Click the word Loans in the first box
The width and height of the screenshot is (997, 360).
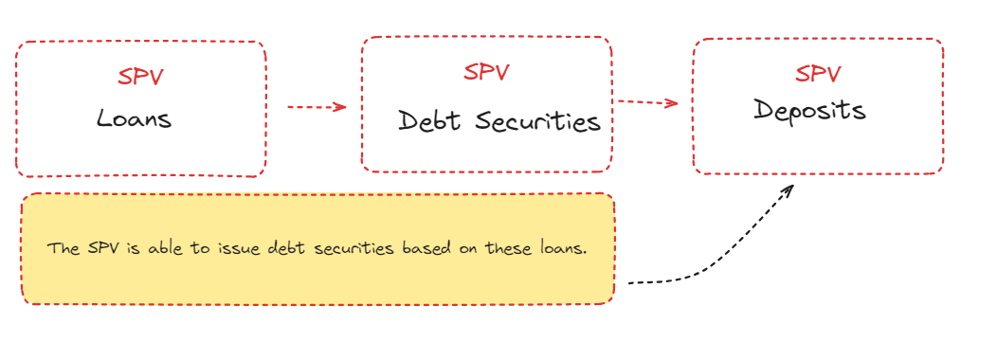pos(134,120)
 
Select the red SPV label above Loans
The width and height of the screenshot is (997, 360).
pos(141,77)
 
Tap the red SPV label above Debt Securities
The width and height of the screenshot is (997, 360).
pos(486,71)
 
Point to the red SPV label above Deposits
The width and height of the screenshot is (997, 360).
pos(818,73)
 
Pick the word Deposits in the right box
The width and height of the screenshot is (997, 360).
pos(810,110)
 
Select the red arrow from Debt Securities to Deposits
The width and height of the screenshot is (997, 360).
pos(647,102)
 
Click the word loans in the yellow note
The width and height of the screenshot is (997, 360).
pos(565,248)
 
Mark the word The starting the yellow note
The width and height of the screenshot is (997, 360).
pos(63,248)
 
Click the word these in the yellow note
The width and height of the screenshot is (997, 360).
pos(514,248)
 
